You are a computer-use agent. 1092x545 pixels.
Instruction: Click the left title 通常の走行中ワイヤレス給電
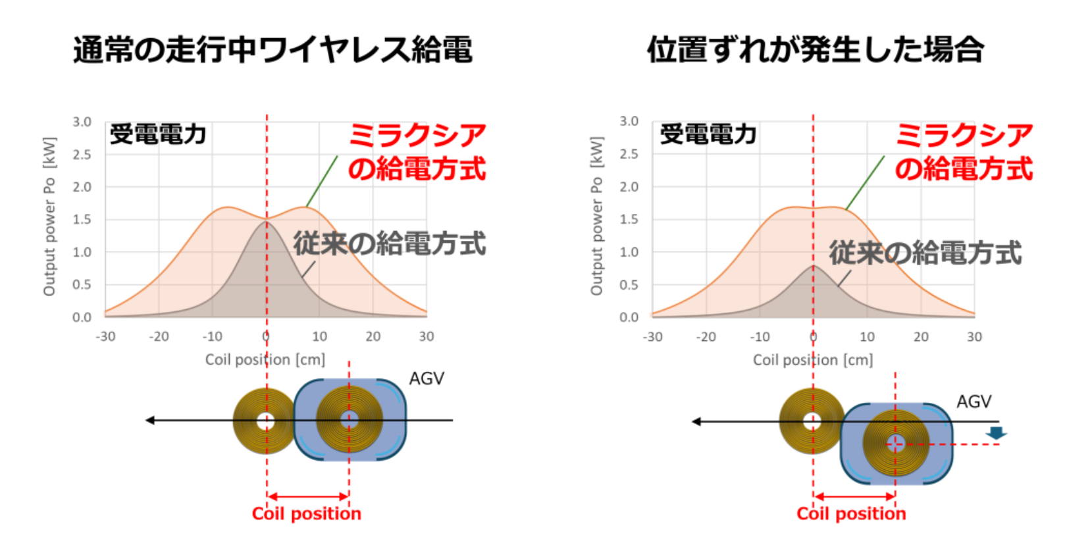tap(273, 49)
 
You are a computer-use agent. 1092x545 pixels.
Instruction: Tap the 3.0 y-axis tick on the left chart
tap(82, 122)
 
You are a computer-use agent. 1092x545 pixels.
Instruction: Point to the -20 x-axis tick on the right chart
tap(706, 337)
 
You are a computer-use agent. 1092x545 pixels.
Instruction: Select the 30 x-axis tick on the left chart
tap(427, 336)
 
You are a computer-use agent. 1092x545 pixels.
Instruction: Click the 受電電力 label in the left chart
tap(158, 134)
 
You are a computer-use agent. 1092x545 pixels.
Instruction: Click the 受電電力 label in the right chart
tap(708, 134)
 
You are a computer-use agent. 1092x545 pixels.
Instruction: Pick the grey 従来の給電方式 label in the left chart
tap(390, 244)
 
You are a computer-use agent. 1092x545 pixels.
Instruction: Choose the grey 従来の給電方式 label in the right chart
tap(925, 253)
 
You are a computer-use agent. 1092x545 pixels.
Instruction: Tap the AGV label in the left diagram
tap(427, 378)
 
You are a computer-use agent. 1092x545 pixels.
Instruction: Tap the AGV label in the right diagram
tap(974, 402)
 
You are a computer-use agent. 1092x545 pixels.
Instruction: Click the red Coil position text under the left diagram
tap(306, 513)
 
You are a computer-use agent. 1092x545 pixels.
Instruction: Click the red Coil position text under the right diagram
tap(851, 513)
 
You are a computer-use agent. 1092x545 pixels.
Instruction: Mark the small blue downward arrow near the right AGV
tap(996, 433)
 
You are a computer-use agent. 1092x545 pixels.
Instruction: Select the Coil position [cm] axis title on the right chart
tap(813, 360)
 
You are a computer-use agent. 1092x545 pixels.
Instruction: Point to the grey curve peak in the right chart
tap(814, 266)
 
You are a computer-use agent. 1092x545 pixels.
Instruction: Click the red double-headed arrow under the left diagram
tap(308, 496)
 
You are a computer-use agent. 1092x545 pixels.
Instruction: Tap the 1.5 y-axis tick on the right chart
tap(629, 219)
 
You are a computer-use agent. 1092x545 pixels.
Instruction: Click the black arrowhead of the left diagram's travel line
tap(150, 420)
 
